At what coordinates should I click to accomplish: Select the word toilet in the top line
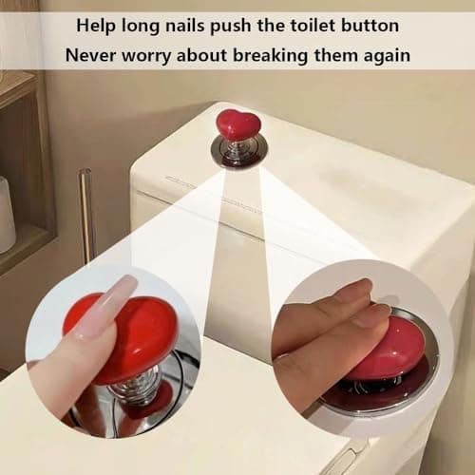[301, 23]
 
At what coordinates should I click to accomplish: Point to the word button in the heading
[366, 23]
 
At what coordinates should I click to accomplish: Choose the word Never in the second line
[90, 54]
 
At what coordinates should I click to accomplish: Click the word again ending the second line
[385, 54]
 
